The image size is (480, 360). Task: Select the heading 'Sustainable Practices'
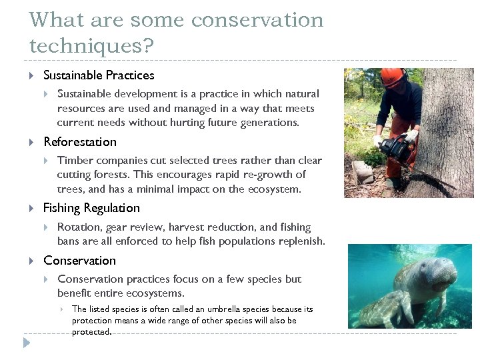coord(99,75)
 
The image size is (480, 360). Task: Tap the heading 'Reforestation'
coord(79,141)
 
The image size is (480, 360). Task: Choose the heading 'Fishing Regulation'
coord(91,208)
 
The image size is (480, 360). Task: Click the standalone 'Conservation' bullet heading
coord(79,260)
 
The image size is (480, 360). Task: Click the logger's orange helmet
coord(393,76)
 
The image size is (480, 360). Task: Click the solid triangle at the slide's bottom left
coord(26,343)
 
